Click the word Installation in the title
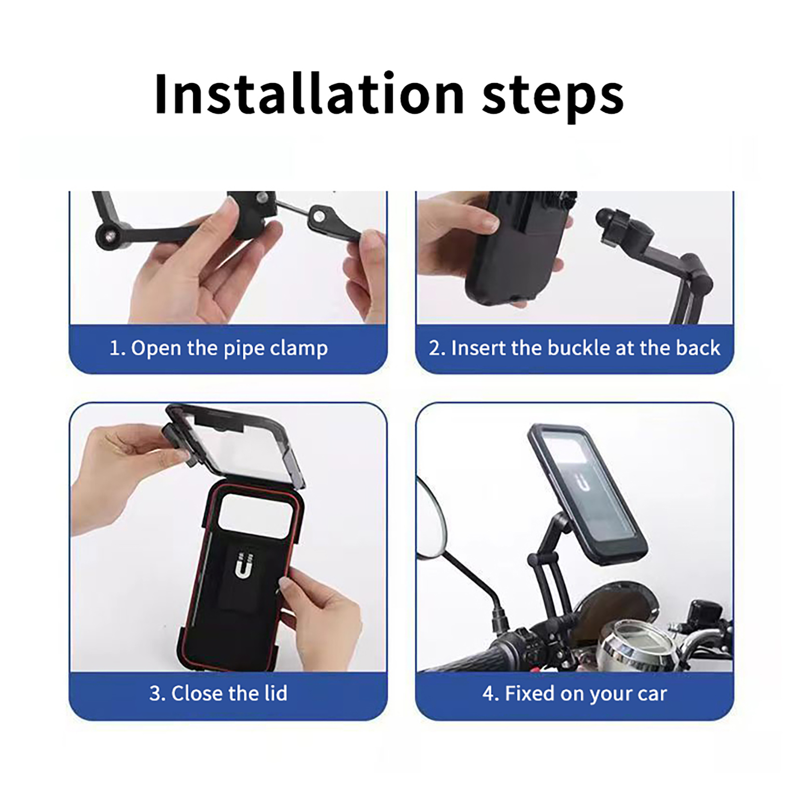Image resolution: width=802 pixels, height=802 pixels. pos(310,94)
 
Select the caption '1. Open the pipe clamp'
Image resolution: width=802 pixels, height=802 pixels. pos(219,348)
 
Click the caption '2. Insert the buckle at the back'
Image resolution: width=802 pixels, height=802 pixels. pos(574,348)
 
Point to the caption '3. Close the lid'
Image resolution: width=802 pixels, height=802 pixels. pos(219,694)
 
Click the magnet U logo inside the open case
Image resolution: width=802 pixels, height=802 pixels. pos(243,565)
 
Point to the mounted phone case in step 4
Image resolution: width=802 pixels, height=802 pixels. pos(586,493)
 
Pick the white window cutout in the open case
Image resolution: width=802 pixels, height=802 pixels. pos(256,517)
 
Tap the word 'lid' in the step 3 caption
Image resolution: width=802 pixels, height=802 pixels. pos(276,694)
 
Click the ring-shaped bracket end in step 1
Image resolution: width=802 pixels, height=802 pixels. pos(319,217)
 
